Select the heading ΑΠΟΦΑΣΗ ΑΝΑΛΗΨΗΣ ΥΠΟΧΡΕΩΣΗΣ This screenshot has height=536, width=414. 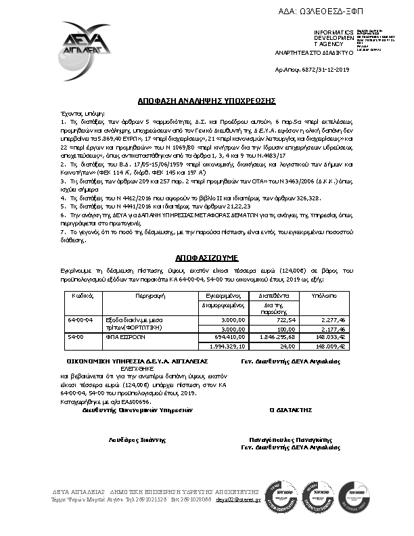click(x=206, y=99)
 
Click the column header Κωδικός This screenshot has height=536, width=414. click(x=82, y=296)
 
